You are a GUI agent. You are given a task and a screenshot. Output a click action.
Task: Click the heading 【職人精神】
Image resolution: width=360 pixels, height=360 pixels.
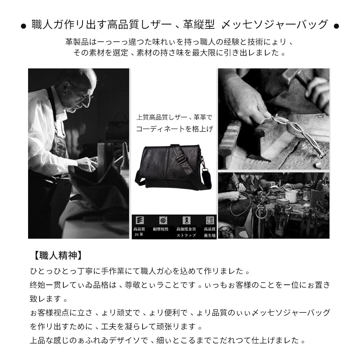coord(56,256)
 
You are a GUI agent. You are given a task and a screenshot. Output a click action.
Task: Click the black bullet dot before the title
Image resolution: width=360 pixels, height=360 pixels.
coord(23,26)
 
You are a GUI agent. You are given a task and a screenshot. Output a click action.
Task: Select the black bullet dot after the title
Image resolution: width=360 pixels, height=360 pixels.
coord(336,26)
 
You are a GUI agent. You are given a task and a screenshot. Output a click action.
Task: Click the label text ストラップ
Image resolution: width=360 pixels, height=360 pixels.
coord(186,235)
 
